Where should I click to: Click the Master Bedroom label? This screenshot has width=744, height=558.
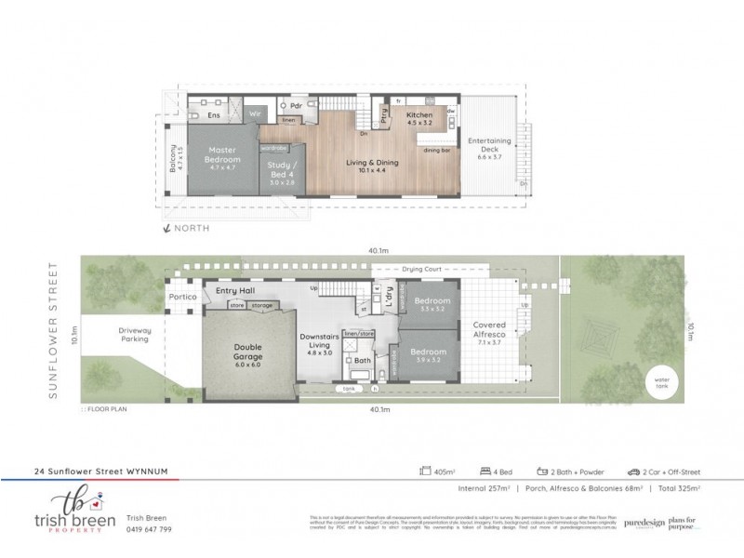[x=221, y=154]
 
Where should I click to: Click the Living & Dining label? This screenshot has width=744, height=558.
[x=372, y=162]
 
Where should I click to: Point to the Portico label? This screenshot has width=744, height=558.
[x=182, y=299]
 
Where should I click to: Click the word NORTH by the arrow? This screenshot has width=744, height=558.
[x=193, y=228]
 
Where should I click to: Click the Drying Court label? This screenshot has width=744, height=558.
[x=420, y=270]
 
